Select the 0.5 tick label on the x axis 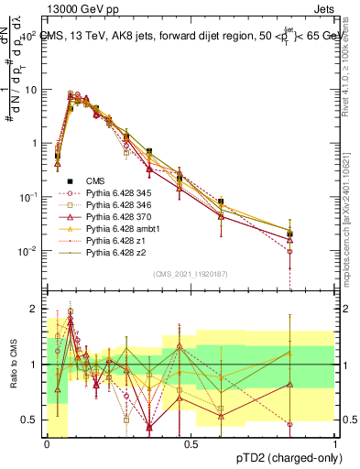point(191,443)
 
